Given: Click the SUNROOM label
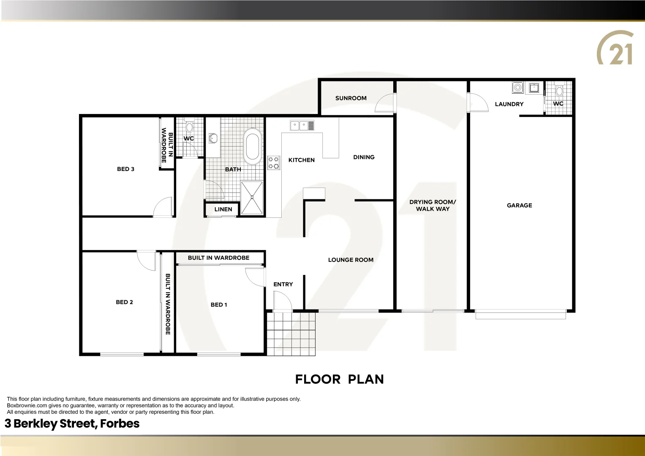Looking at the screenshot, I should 351,98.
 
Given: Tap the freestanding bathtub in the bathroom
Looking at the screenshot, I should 253,147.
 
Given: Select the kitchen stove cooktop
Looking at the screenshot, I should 274,163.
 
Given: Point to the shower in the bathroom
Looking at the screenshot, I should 252,197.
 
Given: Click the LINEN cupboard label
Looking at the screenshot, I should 223,209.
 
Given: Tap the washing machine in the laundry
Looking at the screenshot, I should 517,88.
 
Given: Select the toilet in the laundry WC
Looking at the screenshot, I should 559,90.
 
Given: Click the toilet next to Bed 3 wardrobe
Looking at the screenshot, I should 189,126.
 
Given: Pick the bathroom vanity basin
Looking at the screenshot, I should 213,138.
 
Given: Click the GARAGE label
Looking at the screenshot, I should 519,206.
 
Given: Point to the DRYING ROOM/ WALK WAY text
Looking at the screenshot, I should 433,206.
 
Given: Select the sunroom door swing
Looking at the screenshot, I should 385,103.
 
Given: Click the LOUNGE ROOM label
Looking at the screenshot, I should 351,260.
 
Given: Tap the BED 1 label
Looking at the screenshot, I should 219,305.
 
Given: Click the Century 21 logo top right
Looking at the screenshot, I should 615,48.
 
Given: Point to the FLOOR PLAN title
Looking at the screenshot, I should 339,380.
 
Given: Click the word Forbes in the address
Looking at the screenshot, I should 120,424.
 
